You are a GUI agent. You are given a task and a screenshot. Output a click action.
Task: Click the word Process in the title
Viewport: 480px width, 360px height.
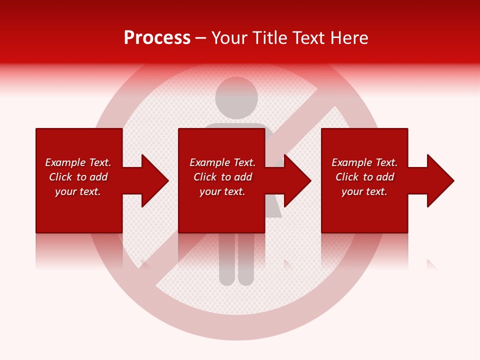(x=157, y=38)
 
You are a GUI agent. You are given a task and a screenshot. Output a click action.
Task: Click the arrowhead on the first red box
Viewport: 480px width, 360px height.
(x=153, y=180)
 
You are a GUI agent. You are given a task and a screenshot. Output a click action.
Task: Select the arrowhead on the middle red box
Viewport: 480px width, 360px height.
(x=296, y=180)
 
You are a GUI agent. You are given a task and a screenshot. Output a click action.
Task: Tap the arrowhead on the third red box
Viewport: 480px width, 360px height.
(x=439, y=180)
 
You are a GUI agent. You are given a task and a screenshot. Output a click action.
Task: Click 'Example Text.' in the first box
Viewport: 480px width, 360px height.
(x=78, y=162)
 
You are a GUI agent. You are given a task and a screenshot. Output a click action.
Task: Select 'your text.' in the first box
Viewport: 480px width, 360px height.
(x=78, y=191)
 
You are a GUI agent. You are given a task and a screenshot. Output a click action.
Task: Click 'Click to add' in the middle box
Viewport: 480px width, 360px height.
(x=222, y=177)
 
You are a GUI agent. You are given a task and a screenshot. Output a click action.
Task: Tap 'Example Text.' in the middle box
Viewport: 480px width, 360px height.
(x=222, y=162)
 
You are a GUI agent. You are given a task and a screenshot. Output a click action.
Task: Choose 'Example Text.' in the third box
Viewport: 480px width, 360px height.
(x=364, y=162)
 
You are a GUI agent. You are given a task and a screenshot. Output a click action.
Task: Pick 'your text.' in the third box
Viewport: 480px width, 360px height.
(x=364, y=191)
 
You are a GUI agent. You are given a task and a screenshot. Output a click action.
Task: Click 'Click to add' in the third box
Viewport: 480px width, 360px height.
(x=364, y=177)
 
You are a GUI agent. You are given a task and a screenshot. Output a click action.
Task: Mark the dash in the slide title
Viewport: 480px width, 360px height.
(x=201, y=38)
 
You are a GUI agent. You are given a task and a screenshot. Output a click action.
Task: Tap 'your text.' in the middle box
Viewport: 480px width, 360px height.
(x=222, y=191)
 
